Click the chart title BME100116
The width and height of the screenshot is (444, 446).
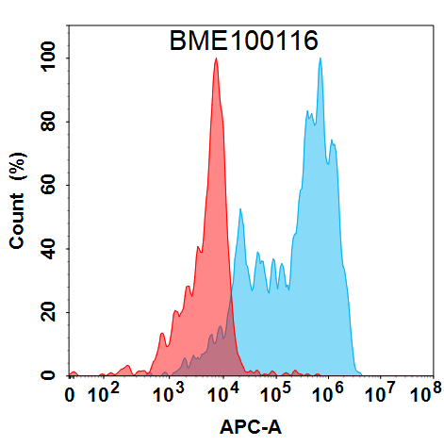coord(244,41)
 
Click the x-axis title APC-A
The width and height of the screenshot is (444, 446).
coord(251,427)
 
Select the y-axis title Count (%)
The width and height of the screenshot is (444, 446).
coord(18,201)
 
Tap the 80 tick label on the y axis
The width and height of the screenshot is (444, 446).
coord(48,122)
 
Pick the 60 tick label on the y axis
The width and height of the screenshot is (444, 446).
coord(48,185)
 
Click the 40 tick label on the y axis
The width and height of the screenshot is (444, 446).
coord(48,249)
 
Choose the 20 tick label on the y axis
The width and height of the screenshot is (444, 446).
coord(48,312)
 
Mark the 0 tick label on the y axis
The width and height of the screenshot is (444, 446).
coord(48,375)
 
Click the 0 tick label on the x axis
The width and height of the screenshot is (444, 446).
coord(70,395)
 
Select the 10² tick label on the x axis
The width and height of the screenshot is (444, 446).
coord(104,393)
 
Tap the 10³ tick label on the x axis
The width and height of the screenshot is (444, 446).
coord(169,393)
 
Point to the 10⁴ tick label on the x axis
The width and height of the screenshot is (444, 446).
coord(222,393)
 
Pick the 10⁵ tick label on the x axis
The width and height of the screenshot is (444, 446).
coord(275,393)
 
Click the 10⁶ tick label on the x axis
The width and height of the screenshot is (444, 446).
coord(328,393)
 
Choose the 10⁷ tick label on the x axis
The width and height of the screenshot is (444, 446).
coord(380,393)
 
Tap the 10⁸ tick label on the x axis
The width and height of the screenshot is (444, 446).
coord(426,393)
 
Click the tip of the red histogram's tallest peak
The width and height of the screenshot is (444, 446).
coord(216,58)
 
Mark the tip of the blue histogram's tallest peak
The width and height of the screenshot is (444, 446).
coord(321,58)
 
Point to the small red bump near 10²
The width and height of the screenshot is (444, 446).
coord(127,366)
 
